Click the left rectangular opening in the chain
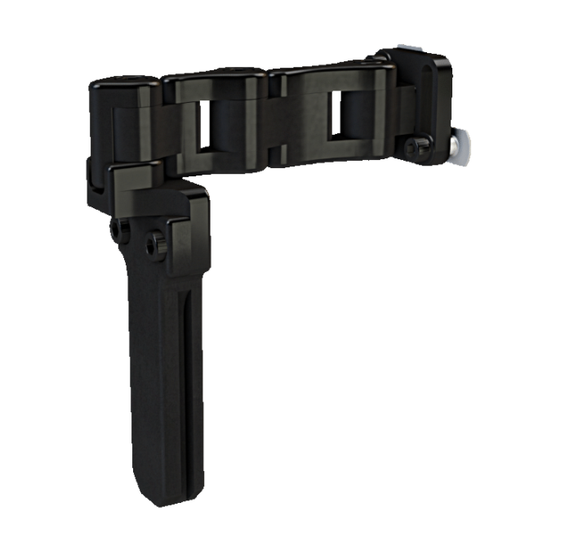click(218, 125)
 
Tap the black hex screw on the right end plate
click(417, 146)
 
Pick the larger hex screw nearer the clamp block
click(155, 242)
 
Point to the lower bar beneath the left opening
click(220, 160)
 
